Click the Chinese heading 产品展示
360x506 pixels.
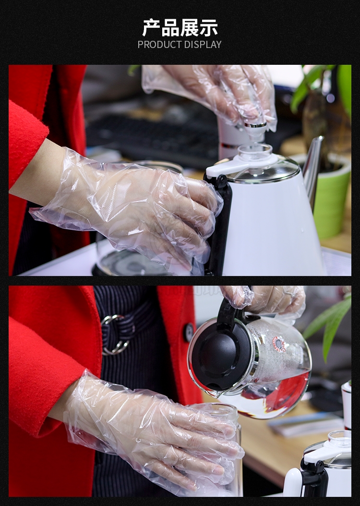click(180, 27)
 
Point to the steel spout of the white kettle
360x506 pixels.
click(313, 168)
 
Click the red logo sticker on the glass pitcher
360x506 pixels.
click(279, 344)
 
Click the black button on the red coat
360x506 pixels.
click(189, 332)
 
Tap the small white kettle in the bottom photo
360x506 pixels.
click(318, 465)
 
